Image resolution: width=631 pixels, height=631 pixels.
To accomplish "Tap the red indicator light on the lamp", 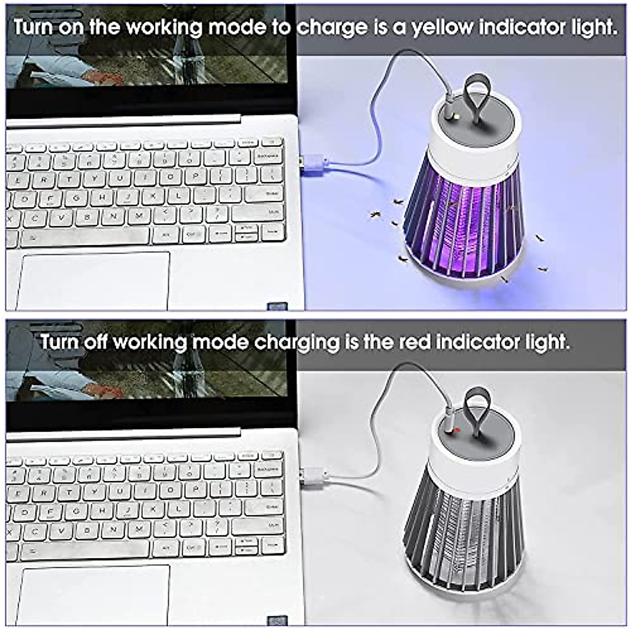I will [457, 431].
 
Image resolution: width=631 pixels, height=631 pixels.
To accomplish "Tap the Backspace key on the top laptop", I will [268, 156].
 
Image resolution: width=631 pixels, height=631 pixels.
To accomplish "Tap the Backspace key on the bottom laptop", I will [268, 469].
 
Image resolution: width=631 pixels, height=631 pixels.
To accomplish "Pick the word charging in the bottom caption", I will [297, 343].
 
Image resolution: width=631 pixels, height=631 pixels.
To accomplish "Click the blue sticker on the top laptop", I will [277, 307].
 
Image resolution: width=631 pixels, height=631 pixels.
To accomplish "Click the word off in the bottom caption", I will [95, 342].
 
